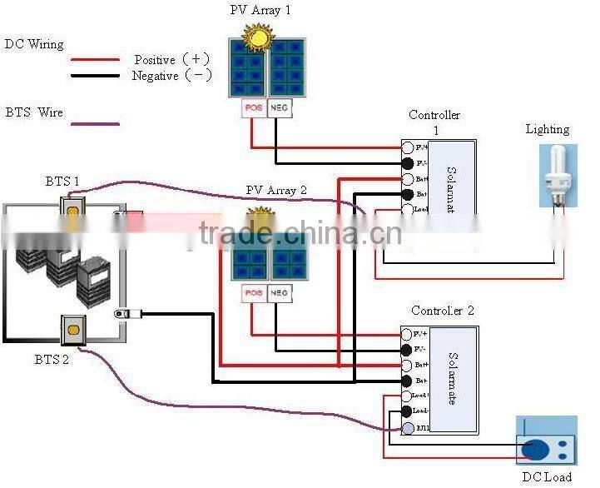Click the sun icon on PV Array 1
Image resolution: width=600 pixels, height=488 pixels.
[x=256, y=36]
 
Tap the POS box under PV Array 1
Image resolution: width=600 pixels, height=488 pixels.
[x=253, y=108]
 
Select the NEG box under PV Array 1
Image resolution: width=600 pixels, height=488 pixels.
[x=280, y=108]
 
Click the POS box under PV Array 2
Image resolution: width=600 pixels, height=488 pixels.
[x=253, y=293]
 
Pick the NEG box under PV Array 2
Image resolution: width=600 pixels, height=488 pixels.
[x=280, y=293]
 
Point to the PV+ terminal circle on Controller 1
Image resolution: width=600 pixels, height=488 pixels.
[x=408, y=148]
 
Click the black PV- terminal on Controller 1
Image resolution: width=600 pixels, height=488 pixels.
[x=408, y=163]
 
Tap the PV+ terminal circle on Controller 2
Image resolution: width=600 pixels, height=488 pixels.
[x=408, y=334]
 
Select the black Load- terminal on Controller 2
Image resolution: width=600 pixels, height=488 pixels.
[x=408, y=411]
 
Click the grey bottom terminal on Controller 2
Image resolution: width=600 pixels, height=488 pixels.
[x=408, y=428]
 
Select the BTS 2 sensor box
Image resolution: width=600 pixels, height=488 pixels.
[x=74, y=331]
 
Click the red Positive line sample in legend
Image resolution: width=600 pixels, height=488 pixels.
[x=95, y=60]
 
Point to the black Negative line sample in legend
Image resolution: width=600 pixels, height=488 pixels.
[x=95, y=77]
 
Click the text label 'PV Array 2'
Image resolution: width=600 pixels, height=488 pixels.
[x=276, y=191]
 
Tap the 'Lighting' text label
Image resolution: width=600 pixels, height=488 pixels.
[x=548, y=129]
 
